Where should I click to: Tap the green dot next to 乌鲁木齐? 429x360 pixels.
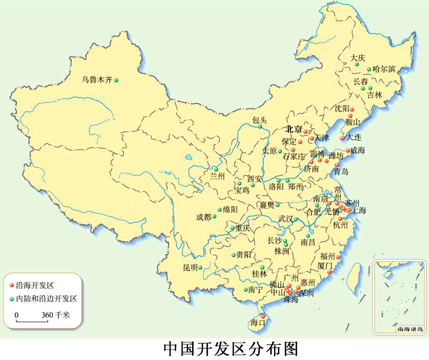click(116, 80)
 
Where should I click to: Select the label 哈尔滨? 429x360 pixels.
click(384, 70)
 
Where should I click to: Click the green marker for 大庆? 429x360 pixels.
click(357, 64)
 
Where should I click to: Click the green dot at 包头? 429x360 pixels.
click(260, 127)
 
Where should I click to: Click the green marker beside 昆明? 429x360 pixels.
click(201, 267)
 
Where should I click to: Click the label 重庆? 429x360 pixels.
click(242, 228)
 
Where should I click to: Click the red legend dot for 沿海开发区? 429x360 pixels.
click(12, 286)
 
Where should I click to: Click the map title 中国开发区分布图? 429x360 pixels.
click(230, 349)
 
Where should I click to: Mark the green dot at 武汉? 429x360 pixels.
click(296, 220)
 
